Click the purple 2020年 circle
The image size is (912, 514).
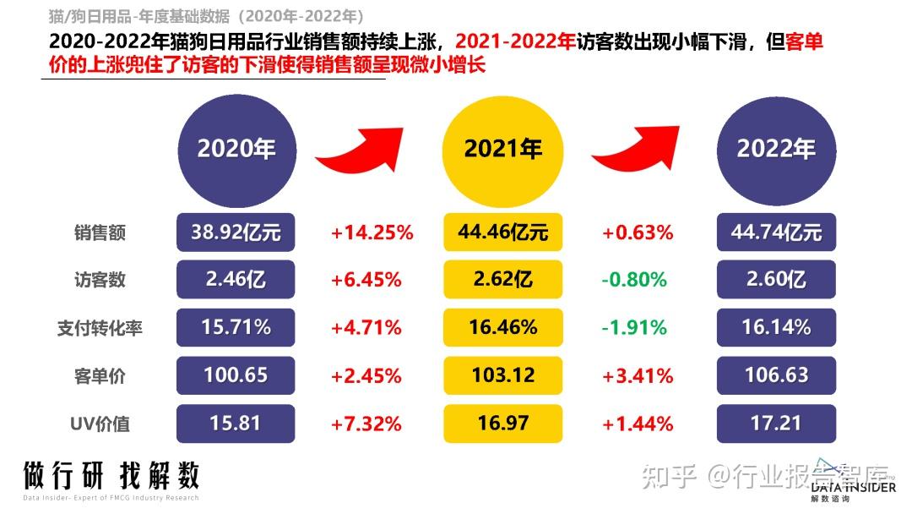pyautogui.click(x=236, y=150)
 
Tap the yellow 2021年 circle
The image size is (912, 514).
pyautogui.click(x=502, y=150)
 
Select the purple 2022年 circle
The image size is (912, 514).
pyautogui.click(x=775, y=150)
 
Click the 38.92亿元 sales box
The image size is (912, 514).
pyautogui.click(x=236, y=232)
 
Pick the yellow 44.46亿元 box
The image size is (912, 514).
pyautogui.click(x=502, y=232)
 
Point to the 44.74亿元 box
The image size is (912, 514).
pyautogui.click(x=775, y=232)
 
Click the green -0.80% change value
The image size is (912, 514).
pyautogui.click(x=634, y=280)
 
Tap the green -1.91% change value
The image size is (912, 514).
pyautogui.click(x=634, y=327)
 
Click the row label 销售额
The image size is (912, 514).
pyautogui.click(x=100, y=232)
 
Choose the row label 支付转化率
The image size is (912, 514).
pyautogui.click(x=100, y=328)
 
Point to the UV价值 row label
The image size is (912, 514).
pyautogui.click(x=100, y=424)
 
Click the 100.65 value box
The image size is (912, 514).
pyautogui.click(x=236, y=375)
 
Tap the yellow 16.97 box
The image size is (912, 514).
pyautogui.click(x=502, y=423)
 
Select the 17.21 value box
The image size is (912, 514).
pyautogui.click(x=775, y=423)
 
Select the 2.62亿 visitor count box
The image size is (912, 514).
pyautogui.click(x=502, y=280)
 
